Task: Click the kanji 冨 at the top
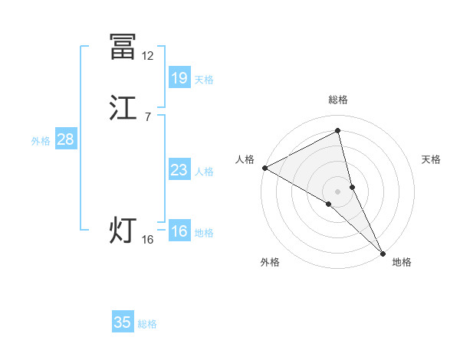(123, 47)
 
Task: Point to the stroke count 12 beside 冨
(147, 56)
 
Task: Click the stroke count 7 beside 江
(147, 116)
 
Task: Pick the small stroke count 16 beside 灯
(147, 240)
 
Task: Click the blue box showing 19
(179, 77)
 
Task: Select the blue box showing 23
(179, 170)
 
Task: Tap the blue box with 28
(65, 139)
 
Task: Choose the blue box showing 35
(122, 322)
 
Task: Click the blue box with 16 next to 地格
(179, 231)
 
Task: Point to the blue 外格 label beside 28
(40, 141)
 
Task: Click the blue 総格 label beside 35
(147, 324)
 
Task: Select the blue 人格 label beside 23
(204, 172)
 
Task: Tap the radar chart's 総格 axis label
(338, 100)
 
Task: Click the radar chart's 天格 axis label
(432, 159)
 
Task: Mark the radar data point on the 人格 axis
(264, 168)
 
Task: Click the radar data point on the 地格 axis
(383, 251)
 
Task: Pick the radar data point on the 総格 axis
(338, 131)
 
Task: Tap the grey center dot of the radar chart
(338, 191)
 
